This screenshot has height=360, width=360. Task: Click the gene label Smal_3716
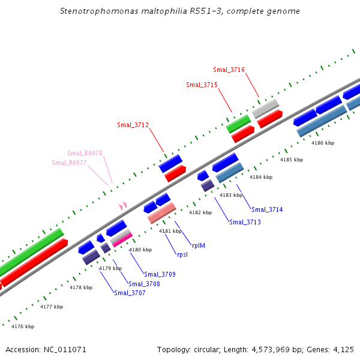pyautogui.click(x=229, y=70)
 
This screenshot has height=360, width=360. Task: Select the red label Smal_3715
pyautogui.click(x=202, y=85)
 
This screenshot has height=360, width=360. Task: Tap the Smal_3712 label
pyautogui.click(x=133, y=125)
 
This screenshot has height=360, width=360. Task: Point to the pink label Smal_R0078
pyautogui.click(x=85, y=153)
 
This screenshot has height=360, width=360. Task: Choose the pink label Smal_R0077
pyautogui.click(x=69, y=163)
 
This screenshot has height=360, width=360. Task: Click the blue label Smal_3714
pyautogui.click(x=267, y=209)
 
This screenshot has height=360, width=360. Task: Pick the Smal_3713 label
pyautogui.click(x=245, y=222)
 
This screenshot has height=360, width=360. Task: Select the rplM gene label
pyautogui.click(x=199, y=245)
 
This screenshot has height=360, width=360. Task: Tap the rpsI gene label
pyautogui.click(x=182, y=254)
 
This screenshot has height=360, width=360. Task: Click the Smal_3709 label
pyautogui.click(x=160, y=274)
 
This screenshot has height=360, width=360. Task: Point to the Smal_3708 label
pyautogui.click(x=144, y=284)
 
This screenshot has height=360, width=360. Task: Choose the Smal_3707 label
pyautogui.click(x=130, y=293)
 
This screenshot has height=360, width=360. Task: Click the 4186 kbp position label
pyautogui.click(x=322, y=143)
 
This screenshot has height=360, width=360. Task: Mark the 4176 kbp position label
pyautogui.click(x=23, y=326)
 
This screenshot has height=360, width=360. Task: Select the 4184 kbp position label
pyautogui.click(x=261, y=177)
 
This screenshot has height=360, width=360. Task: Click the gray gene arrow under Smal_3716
pyautogui.click(x=265, y=108)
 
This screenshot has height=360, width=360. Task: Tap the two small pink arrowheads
pyautogui.click(x=122, y=206)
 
